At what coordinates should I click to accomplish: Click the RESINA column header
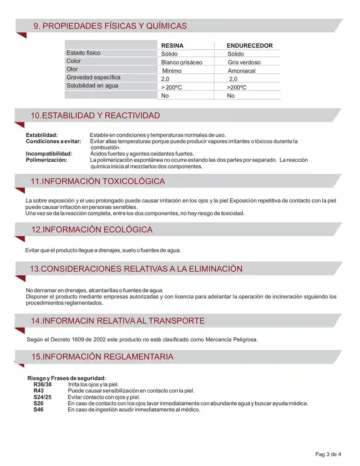point(172,46)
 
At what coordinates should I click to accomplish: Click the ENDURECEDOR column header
point(249,46)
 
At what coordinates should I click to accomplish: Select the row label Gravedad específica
point(93,77)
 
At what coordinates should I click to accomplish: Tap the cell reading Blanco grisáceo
point(182,62)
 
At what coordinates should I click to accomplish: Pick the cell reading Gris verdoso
point(244,62)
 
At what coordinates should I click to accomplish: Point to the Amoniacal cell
point(242,71)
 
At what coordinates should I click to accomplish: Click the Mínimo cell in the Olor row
point(172,71)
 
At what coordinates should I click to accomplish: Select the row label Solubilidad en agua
point(92,86)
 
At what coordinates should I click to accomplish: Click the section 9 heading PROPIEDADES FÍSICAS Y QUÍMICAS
point(110,26)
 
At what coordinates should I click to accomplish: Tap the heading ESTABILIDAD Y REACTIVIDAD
point(95,116)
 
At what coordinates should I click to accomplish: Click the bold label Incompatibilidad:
point(49,154)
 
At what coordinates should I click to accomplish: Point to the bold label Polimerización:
point(46,160)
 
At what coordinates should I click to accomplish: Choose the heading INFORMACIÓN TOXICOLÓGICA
point(97,182)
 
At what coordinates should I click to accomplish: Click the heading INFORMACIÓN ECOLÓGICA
point(91,230)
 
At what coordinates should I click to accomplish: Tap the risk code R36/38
point(43,385)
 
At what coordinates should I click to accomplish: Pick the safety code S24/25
point(42,397)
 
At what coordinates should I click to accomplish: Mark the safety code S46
point(39,410)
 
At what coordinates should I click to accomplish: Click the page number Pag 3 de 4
point(328,454)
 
